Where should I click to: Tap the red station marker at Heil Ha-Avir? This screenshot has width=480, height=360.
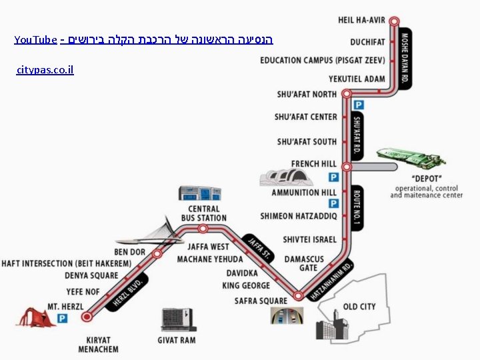[x=394, y=21]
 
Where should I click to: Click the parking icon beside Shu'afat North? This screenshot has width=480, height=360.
[x=359, y=105]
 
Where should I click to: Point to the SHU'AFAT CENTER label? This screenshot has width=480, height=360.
[x=306, y=117]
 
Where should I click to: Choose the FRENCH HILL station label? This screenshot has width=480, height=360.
[x=314, y=164]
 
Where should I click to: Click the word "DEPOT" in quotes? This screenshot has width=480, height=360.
[x=427, y=179]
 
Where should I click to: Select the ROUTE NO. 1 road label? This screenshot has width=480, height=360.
[x=357, y=209]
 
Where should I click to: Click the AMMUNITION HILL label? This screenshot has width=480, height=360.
[x=304, y=193]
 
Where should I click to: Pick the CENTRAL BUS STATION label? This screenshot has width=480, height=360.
[x=204, y=213]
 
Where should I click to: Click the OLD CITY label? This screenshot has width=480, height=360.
[x=359, y=307]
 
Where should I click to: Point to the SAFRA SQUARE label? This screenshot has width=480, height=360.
[x=261, y=301]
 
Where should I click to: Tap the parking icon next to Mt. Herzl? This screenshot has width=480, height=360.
[x=62, y=319]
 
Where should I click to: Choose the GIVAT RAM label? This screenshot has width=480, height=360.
[x=177, y=340]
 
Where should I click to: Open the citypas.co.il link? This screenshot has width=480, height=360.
[x=45, y=69]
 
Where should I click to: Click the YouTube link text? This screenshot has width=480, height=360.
[x=35, y=40]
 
